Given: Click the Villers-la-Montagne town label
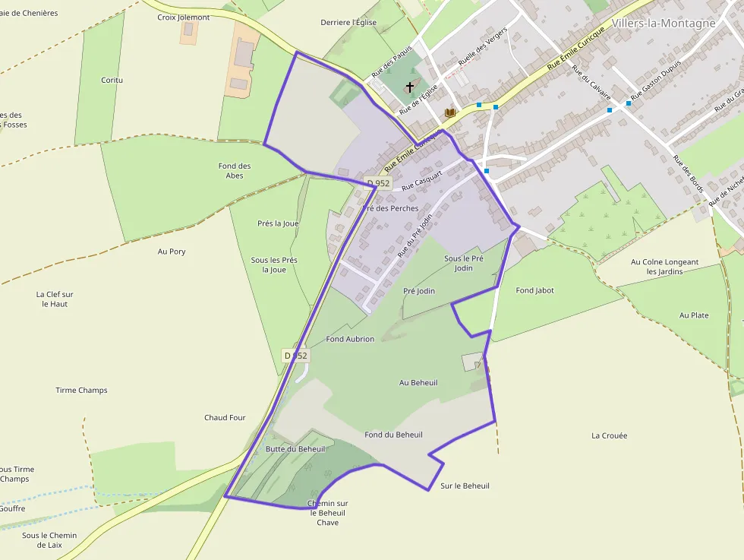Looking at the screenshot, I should [663, 24].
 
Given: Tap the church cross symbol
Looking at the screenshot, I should [411, 87].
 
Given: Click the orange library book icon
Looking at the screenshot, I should [449, 112].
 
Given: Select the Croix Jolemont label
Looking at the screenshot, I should [183, 17].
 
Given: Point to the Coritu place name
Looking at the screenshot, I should [112, 80].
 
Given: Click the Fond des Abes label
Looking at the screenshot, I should [235, 170].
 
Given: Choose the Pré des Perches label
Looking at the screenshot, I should [390, 208].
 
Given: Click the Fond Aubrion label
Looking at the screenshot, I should [350, 339].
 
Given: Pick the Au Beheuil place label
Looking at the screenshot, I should [418, 382].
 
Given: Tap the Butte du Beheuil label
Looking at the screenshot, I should [295, 449].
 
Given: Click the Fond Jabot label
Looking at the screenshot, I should [534, 290].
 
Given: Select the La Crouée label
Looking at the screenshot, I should [609, 435].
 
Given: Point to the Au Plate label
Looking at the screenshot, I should [694, 315].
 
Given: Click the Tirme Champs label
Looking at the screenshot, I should [81, 391].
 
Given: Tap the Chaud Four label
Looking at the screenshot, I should [225, 417].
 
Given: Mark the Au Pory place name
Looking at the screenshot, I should [172, 252].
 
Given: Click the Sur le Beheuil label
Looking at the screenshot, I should [465, 486].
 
